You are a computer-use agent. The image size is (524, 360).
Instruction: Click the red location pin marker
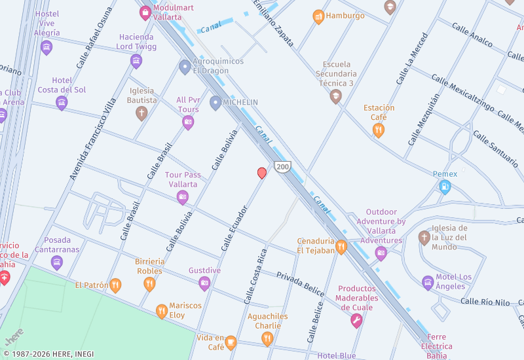(x=262, y=173)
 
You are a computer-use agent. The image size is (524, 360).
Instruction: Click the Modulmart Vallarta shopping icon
(x=145, y=12)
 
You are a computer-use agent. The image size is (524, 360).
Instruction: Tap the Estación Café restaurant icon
(x=379, y=130)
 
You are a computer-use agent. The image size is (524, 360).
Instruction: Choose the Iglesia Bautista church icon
(x=141, y=113)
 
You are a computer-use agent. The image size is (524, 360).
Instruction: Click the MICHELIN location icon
(x=215, y=103)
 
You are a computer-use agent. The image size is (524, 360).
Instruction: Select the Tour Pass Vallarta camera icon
(x=183, y=197)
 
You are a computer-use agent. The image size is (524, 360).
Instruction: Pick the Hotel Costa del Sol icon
(x=62, y=103)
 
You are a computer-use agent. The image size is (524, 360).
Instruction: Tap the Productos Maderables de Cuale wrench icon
(x=356, y=320)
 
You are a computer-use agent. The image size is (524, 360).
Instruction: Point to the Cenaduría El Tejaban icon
(x=341, y=247)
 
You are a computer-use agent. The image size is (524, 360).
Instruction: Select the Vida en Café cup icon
(x=231, y=342)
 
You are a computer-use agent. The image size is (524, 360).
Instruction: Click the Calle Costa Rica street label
(x=255, y=276)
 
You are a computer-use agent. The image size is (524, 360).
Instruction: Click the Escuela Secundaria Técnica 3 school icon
(x=336, y=97)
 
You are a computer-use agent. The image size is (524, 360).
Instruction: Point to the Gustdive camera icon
(x=204, y=283)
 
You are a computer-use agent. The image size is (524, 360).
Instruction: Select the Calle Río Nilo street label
(x=485, y=302)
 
